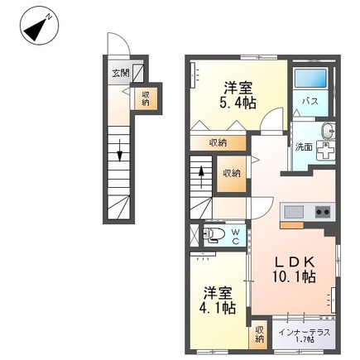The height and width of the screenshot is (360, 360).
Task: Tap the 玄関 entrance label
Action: click(x=121, y=73)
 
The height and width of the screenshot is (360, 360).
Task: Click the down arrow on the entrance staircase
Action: click(x=119, y=151)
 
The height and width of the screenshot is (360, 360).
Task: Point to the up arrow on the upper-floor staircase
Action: click(x=201, y=176)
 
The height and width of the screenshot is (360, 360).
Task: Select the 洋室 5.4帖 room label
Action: click(x=238, y=95)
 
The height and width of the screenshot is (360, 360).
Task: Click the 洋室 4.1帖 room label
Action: click(x=218, y=300)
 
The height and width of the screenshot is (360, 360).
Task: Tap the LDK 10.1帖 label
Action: click(x=294, y=269)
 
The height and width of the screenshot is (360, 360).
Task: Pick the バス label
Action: click(x=310, y=101)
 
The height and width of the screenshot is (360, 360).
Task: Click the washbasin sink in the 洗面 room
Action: click(x=328, y=130)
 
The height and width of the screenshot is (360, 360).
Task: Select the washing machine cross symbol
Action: click(x=325, y=151)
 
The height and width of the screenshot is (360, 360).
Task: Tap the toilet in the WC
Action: click(x=213, y=234)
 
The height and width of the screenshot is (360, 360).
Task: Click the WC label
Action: click(x=235, y=237)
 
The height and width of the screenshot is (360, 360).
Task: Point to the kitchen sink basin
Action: click(x=294, y=212)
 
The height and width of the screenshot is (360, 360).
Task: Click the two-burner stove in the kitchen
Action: click(x=323, y=212)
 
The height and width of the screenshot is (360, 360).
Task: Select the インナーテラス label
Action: click(x=305, y=333)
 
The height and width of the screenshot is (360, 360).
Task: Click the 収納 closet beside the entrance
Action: click(x=146, y=98)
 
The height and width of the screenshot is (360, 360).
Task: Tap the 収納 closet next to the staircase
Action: click(x=232, y=174)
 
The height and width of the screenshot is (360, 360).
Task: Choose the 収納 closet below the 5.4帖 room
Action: click(x=218, y=143)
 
